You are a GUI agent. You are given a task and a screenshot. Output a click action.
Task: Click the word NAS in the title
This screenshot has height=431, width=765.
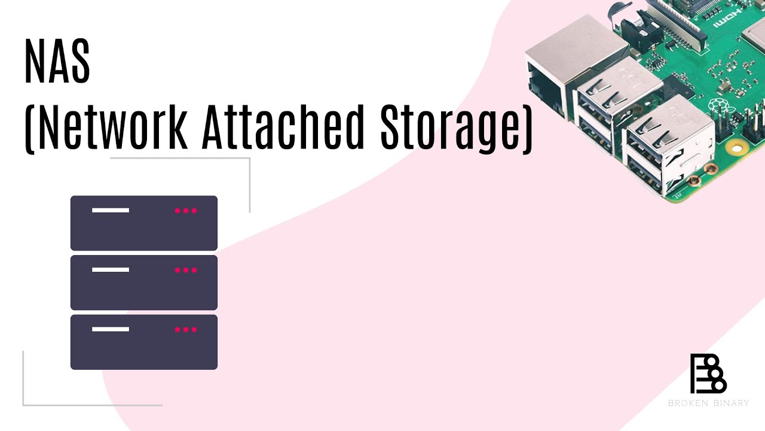tap(57, 62)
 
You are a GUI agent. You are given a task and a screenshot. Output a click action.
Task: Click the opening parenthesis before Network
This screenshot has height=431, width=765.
tap(28, 128)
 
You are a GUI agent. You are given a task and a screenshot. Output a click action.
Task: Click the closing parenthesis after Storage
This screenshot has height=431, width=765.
tap(527, 128)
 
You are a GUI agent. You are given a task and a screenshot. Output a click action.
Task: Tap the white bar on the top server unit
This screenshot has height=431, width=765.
tap(111, 210)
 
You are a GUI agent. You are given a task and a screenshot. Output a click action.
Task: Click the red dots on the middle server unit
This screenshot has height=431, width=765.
tap(186, 270)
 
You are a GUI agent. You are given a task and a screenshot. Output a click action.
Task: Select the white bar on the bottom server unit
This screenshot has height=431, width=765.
tap(111, 329)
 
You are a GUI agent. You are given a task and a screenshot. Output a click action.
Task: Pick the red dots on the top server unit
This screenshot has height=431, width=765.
tap(186, 211)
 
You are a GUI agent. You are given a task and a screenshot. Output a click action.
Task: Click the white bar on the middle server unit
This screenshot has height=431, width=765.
tap(111, 270)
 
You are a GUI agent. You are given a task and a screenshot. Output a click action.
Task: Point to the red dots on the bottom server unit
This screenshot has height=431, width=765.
tap(186, 329)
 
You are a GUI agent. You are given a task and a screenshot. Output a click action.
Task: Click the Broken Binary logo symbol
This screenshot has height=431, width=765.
tap(708, 374)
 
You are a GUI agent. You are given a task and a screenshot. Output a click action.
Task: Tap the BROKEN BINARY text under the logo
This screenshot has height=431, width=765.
tap(708, 403)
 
